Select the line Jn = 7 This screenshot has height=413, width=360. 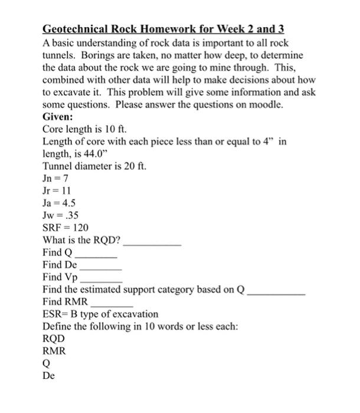(x=57, y=178)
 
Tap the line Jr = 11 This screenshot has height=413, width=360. (x=57, y=191)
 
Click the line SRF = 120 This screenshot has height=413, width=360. (x=66, y=228)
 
